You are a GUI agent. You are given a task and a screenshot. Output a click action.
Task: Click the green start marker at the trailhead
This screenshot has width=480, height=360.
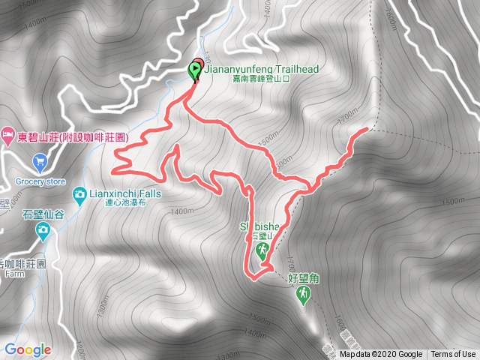click(195, 70)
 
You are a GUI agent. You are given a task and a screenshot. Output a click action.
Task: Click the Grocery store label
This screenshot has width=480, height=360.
click(40, 181)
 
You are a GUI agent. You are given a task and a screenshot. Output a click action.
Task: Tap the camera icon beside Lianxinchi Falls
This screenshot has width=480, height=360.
click(79, 195)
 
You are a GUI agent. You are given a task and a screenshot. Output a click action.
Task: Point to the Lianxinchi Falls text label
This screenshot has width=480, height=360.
click(124, 193)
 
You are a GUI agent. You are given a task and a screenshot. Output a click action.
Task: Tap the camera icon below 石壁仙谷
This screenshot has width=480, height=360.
click(43, 229)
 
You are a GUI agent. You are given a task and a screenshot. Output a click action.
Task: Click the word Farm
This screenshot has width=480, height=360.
click(11, 274)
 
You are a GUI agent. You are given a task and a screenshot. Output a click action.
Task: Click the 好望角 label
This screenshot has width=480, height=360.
click(304, 278)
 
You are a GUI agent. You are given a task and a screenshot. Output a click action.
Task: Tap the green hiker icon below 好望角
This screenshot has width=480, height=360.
click(303, 297)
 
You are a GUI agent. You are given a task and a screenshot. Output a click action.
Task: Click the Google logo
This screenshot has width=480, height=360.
click(27, 349)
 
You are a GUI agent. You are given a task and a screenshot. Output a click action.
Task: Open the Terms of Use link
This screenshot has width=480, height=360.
click(453, 355)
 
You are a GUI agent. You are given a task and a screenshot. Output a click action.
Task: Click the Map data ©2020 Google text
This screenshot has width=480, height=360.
click(380, 355)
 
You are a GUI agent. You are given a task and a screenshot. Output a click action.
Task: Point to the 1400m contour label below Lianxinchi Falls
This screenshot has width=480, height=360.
click(181, 212)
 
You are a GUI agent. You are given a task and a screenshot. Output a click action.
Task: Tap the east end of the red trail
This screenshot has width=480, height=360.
click(366, 130)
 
